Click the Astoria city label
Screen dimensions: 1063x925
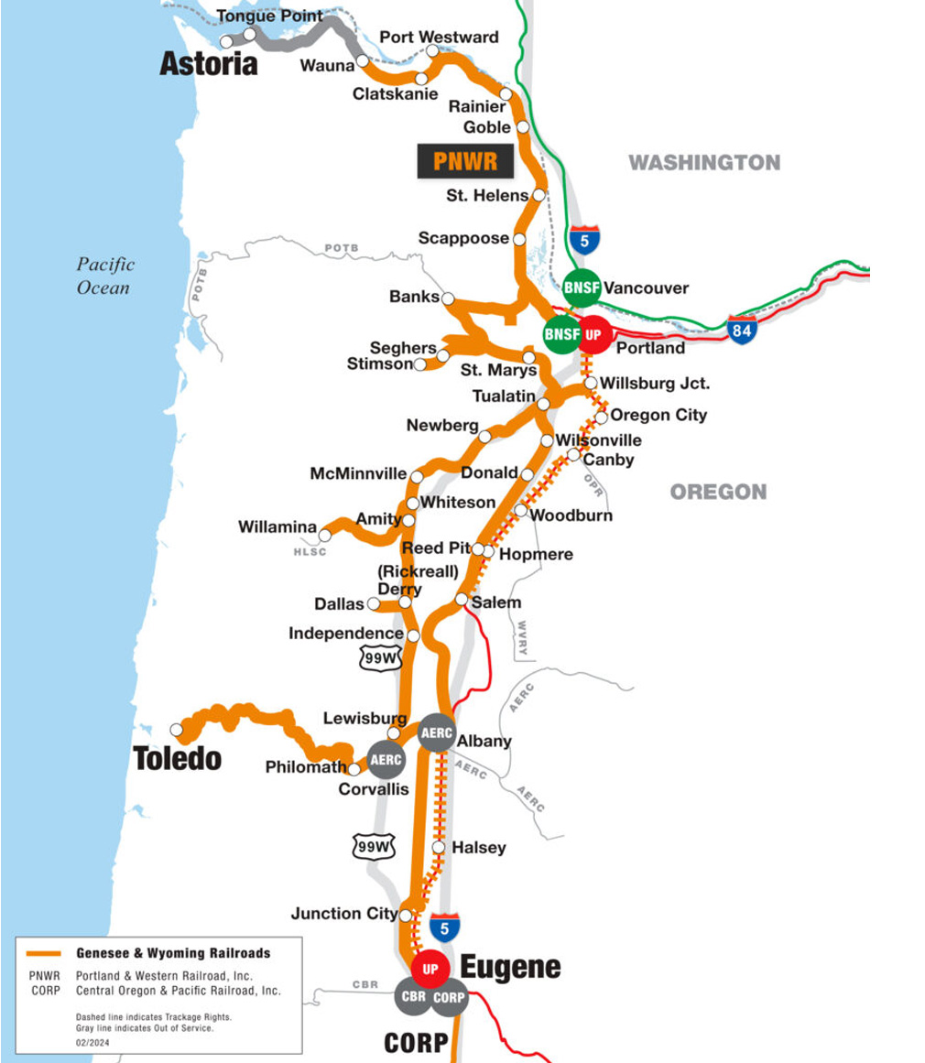tap(208, 64)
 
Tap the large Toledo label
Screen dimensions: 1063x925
tap(177, 758)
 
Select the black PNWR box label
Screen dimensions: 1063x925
tap(465, 161)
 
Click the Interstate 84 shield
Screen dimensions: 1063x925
tap(742, 330)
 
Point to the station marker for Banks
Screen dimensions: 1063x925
tap(448, 298)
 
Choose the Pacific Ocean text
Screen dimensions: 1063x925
tap(104, 276)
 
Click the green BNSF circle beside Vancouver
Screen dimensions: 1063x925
tap(582, 288)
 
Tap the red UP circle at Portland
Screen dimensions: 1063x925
tap(593, 335)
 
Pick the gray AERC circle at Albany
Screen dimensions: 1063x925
tap(436, 732)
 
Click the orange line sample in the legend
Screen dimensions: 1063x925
tap(44, 953)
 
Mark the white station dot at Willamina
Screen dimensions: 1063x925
tap(324, 536)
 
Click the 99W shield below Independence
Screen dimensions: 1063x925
tap(378, 657)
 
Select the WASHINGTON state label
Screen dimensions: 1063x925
tap(703, 163)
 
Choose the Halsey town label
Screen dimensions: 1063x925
tap(478, 848)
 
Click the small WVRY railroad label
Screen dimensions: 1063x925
tap(522, 640)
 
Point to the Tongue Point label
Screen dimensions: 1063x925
tap(269, 16)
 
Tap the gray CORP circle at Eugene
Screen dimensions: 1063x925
tap(450, 997)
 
